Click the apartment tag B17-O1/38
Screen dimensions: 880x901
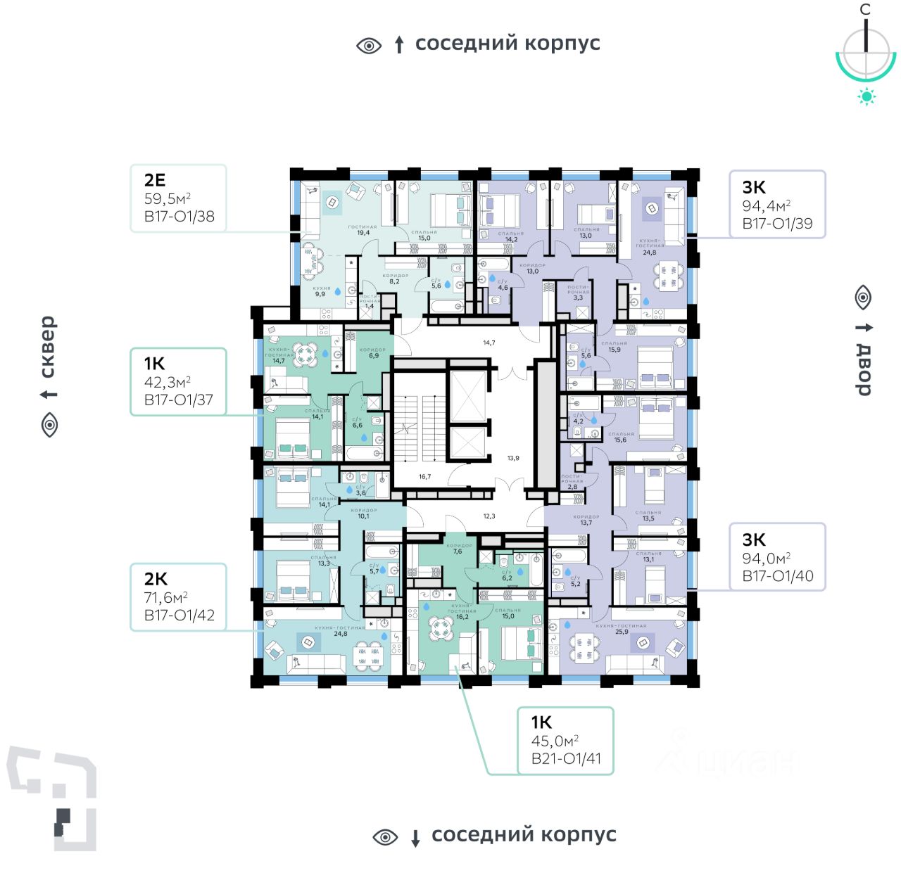[x=179, y=217]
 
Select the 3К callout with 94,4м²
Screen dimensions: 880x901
[x=776, y=205]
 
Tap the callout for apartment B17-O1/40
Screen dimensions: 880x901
[x=776, y=557]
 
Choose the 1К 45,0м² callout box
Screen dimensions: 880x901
[x=565, y=741]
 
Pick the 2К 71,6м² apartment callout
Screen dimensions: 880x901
[x=178, y=597]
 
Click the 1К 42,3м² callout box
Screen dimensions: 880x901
[x=178, y=381]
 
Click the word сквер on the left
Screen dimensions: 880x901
[x=47, y=347]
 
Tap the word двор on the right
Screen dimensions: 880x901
[x=864, y=370]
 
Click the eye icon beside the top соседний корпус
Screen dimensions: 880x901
[x=369, y=46]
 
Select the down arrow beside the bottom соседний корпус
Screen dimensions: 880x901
[x=415, y=838]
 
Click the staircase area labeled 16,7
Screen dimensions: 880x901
[x=424, y=476]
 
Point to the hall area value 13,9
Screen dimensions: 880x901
[x=513, y=458]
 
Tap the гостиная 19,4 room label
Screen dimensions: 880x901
[x=363, y=230]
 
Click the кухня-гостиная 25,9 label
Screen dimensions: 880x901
[x=621, y=629]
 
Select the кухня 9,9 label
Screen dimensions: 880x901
[x=321, y=291]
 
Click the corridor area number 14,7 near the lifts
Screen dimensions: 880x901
[x=489, y=343]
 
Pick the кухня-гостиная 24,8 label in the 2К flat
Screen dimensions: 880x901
[x=341, y=630]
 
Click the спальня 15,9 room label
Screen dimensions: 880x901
[x=614, y=347]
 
